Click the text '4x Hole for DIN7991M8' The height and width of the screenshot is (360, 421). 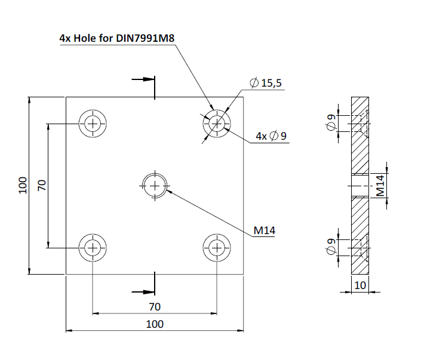point(116,38)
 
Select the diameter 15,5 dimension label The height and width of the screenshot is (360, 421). point(266,84)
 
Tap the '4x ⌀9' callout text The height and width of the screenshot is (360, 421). point(272,136)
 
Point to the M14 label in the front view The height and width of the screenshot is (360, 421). point(264,230)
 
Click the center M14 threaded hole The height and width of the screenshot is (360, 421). point(155,186)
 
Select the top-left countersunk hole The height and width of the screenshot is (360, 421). point(93,124)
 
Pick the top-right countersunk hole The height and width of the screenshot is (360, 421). point(217,124)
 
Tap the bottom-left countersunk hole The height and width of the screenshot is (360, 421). point(93,247)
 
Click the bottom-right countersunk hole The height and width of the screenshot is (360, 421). point(217,247)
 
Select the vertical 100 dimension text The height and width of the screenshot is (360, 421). point(23,185)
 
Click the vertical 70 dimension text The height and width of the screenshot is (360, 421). point(42,185)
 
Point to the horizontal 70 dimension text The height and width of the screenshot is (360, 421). point(154,307)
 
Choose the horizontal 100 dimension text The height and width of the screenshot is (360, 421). point(154,324)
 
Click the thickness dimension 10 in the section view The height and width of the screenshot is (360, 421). point(360,285)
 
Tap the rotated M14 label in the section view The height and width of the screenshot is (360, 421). point(380,186)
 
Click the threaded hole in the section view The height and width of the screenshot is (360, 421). point(360,186)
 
